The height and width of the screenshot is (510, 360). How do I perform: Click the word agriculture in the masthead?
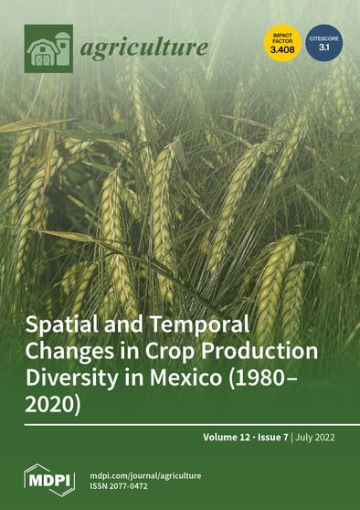point(143,47)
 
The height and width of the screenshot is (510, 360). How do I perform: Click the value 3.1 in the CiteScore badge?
point(323,51)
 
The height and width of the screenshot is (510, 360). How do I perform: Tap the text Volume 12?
point(233,439)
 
